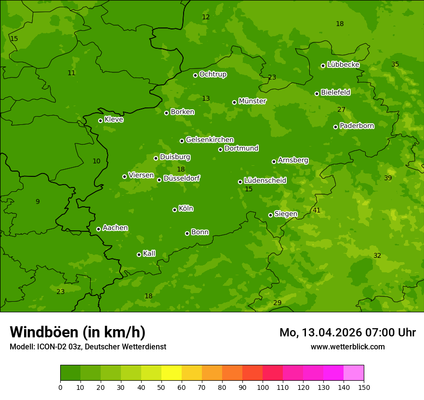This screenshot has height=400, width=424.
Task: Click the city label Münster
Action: click(252, 101)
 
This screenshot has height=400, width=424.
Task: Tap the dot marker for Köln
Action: click(174, 210)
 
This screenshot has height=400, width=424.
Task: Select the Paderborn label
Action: click(357, 126)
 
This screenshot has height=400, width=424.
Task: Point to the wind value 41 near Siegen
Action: click(317, 210)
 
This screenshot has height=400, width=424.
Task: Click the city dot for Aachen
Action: click(98, 229)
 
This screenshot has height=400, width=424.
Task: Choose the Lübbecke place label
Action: click(343, 65)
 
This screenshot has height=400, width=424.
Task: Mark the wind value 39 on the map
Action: click(388, 178)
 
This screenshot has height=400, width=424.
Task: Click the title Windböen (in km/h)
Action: click(78, 332)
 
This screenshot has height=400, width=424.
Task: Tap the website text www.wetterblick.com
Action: click(347, 347)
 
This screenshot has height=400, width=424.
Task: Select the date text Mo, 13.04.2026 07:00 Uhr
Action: click(347, 333)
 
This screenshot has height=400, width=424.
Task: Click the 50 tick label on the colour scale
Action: click(161, 387)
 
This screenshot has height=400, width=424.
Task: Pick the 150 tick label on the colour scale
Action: click(364, 387)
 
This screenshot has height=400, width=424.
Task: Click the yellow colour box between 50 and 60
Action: click(172, 373)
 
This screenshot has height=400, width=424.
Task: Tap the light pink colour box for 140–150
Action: click(354, 373)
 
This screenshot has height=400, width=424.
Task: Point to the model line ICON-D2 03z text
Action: click(88, 347)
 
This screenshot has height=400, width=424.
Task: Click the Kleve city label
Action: click(114, 120)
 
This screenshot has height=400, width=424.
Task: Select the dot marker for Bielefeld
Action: click(317, 93)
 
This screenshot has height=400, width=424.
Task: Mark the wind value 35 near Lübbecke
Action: click(395, 64)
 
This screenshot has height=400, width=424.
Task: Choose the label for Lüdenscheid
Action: click(265, 181)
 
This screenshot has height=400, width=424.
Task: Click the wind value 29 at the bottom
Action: click(277, 303)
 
